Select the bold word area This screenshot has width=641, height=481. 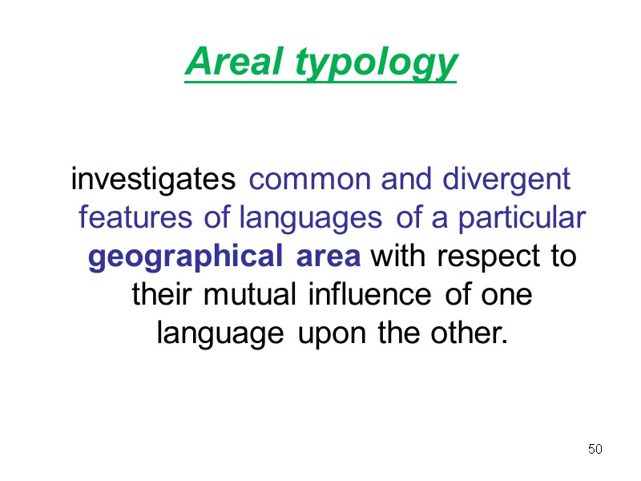coord(328,258)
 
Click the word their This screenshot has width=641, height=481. coord(157,294)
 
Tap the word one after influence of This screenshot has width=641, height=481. coord(508,294)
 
